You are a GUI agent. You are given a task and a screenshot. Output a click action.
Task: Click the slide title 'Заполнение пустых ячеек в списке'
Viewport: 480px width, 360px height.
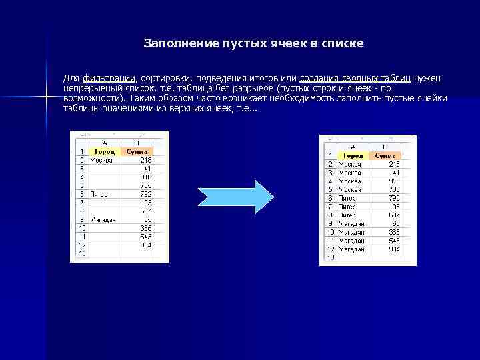[253, 44]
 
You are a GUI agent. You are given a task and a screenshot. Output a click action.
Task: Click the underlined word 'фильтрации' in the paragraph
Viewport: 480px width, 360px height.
[109, 79]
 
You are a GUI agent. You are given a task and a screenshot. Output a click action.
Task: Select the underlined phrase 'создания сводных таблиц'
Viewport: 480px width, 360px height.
[355, 79]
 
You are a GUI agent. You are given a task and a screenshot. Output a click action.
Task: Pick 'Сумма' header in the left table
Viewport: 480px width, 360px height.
[137, 152]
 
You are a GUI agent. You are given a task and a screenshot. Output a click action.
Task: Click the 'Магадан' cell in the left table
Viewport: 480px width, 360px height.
[104, 219]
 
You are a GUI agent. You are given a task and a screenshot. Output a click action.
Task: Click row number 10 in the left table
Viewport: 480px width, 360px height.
[81, 227]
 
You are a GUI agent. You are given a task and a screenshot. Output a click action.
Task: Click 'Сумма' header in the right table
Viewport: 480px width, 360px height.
[385, 155]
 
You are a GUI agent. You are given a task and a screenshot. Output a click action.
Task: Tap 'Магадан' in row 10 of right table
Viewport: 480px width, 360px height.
[351, 232]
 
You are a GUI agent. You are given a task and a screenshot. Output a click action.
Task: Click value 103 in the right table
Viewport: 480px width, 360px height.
[394, 207]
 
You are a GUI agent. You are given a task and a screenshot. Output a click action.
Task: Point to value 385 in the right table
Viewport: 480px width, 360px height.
[394, 232]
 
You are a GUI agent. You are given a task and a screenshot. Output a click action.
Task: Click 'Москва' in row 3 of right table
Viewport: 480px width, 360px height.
[349, 173]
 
